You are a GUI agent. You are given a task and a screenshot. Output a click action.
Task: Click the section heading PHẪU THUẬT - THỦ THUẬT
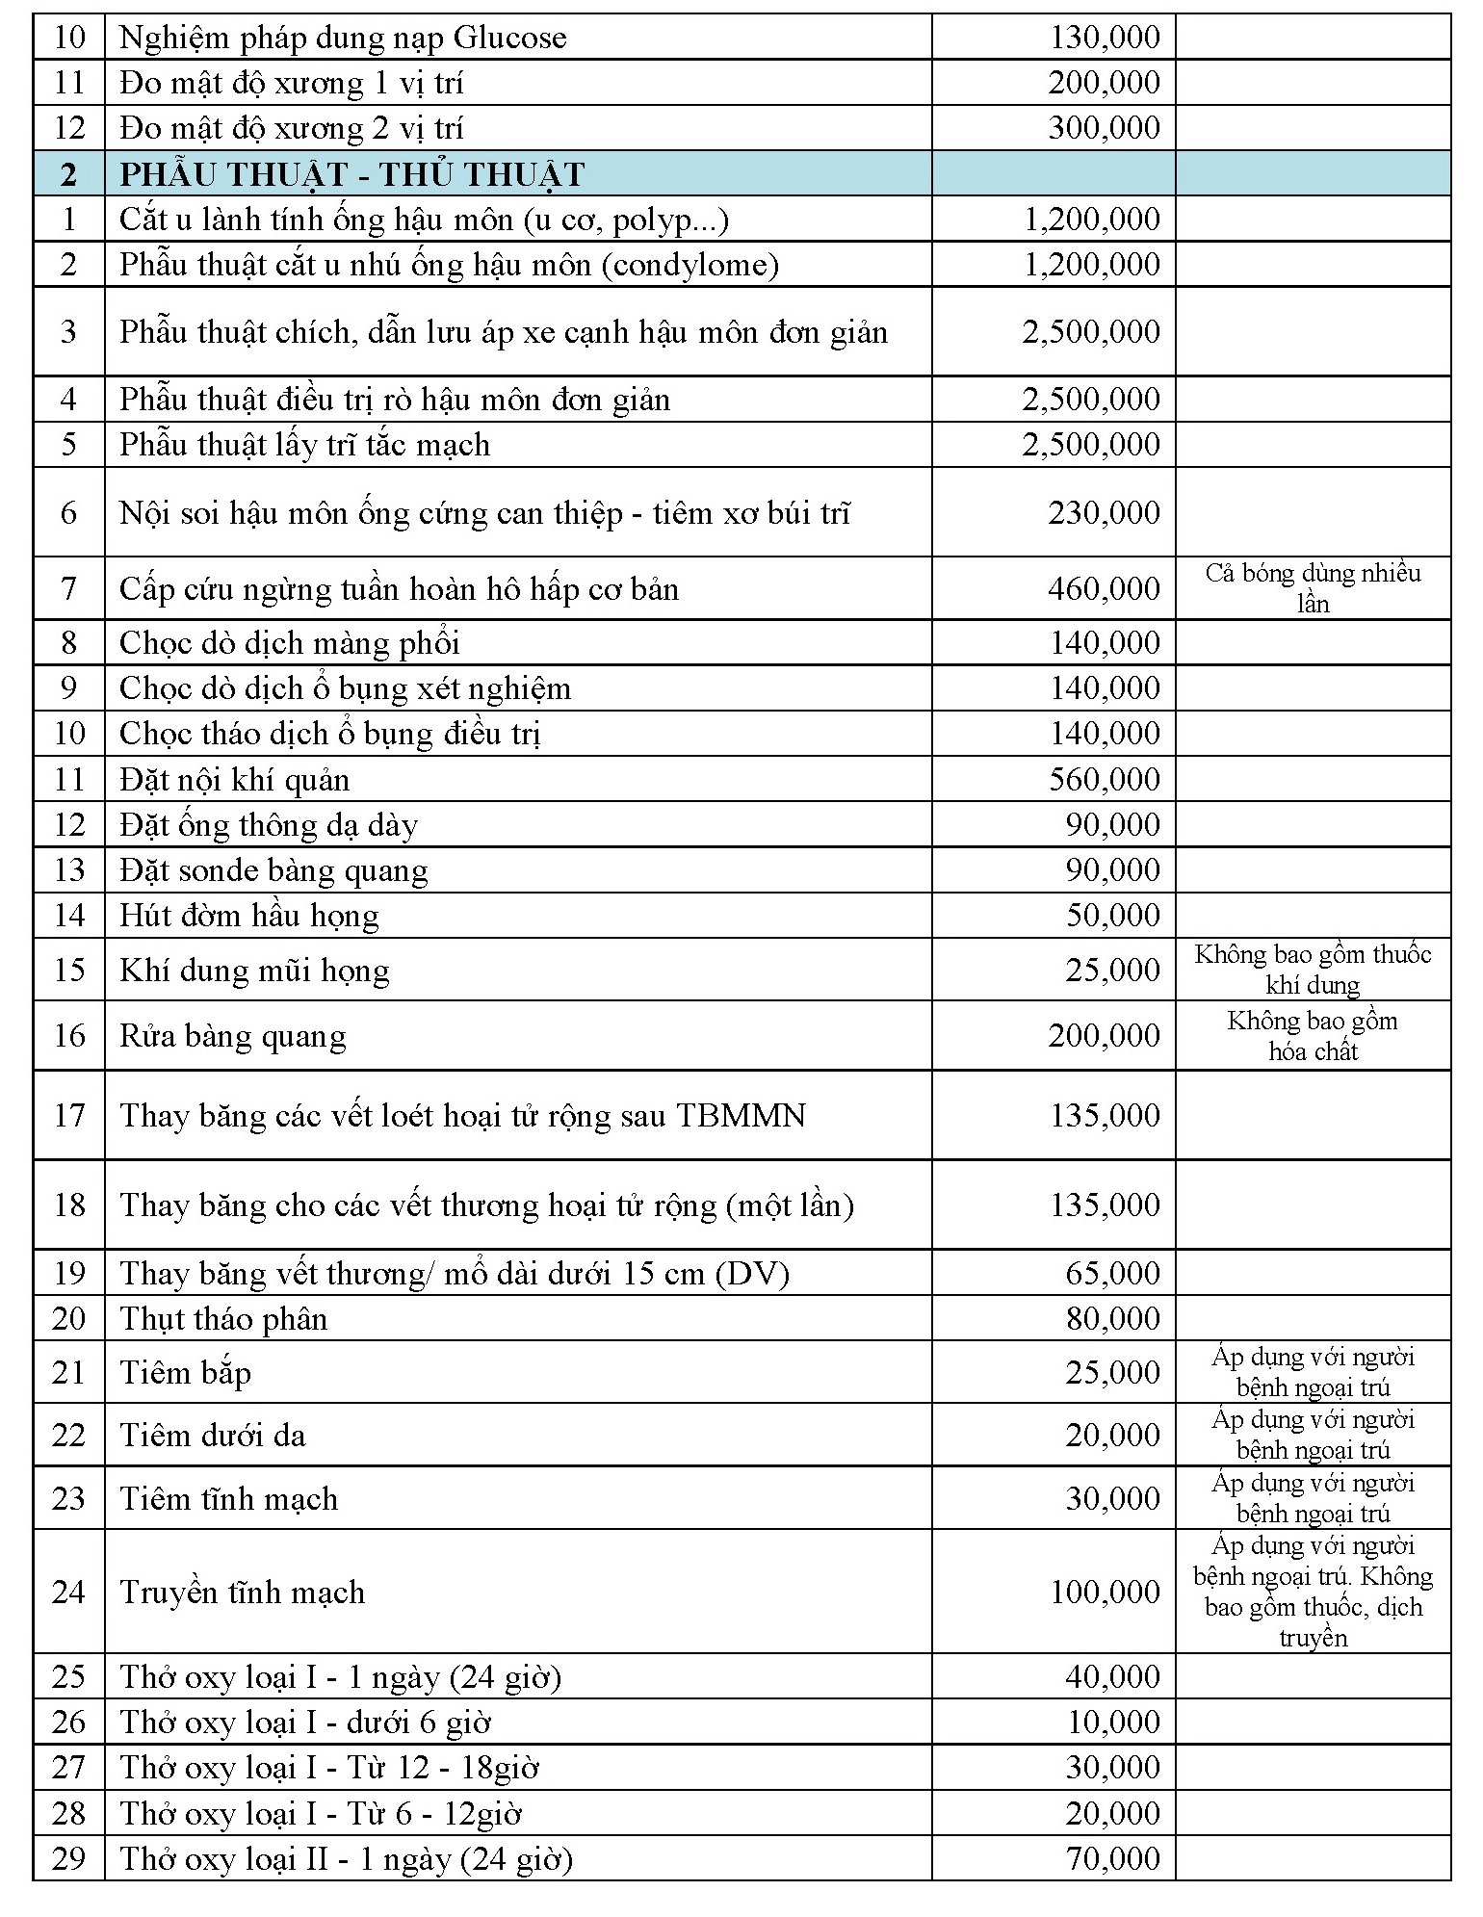pos(351,174)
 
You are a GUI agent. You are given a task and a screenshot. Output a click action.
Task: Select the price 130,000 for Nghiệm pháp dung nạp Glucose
pos(1105,38)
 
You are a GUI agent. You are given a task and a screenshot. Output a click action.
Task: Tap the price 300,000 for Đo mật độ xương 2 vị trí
pos(1105,127)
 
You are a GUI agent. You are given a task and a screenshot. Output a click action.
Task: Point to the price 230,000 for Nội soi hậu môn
pos(1105,512)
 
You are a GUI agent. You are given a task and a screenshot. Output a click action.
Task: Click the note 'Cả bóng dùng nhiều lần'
pos(1313,588)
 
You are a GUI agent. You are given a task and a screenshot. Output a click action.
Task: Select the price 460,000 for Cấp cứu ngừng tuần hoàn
pos(1105,588)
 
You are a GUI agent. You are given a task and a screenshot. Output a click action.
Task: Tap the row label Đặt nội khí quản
pos(234,779)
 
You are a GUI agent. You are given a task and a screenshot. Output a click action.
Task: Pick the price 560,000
pos(1105,779)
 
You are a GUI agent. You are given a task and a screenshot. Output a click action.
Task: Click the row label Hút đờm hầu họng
pos(248,915)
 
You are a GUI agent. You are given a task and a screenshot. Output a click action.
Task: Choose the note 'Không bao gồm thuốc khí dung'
pos(1313,969)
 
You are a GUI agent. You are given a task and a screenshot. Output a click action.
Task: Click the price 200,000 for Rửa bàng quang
pos(1105,1035)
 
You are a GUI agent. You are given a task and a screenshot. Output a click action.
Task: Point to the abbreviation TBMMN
pos(741,1115)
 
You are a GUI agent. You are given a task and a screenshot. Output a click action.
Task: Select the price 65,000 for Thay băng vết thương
pos(1112,1273)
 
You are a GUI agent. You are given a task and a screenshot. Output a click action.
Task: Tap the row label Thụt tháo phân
pos(223,1318)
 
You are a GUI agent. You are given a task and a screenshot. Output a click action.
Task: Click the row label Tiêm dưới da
pos(212,1435)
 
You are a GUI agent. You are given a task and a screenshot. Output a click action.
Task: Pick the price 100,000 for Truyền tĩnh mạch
pos(1105,1592)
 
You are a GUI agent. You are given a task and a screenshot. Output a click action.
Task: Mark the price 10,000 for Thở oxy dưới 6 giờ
pos(1112,1722)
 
